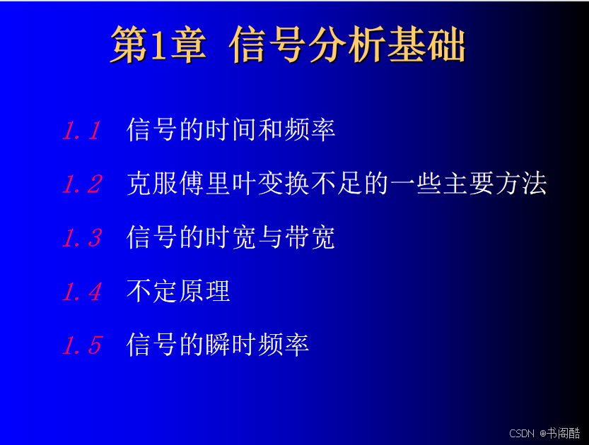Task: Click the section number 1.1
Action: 81,131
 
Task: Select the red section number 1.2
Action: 82,184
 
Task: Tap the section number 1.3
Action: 82,238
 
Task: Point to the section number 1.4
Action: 82,292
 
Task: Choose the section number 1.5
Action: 82,345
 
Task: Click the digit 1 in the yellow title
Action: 158,45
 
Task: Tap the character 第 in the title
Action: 129,44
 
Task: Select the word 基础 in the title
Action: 426,44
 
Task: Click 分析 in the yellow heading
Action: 347,44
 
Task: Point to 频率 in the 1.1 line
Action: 310,130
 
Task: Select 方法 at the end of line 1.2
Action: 520,184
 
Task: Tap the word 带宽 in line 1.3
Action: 310,237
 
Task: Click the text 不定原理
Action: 178,291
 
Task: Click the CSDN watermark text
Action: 521,434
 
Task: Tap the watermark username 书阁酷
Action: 563,434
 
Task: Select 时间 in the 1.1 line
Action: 231,130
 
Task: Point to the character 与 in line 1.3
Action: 270,237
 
